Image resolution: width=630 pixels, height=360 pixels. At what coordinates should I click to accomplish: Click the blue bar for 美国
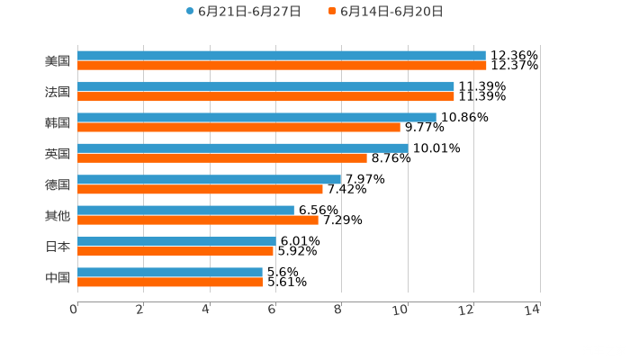(x=281, y=56)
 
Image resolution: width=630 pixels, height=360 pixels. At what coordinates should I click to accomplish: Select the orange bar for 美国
(x=282, y=66)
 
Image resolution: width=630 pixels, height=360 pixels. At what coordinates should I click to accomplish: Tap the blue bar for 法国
(x=265, y=86)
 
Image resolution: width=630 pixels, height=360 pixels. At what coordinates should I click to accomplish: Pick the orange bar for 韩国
(x=238, y=127)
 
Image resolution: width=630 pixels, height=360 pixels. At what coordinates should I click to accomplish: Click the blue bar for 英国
(x=242, y=148)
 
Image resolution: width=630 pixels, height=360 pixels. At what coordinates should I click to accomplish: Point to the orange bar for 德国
(x=200, y=189)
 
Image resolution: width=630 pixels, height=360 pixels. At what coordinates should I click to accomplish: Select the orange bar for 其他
(x=197, y=220)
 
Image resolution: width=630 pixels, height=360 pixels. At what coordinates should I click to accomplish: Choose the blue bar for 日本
(x=176, y=241)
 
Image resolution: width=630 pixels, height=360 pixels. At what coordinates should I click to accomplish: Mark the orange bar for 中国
(x=170, y=282)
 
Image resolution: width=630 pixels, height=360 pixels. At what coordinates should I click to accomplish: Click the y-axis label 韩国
(x=57, y=122)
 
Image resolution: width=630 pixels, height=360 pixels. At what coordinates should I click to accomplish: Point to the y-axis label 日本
(x=57, y=246)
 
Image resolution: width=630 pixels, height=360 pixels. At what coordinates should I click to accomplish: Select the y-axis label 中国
(x=57, y=277)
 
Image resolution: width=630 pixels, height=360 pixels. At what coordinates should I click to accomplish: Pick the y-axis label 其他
(x=57, y=215)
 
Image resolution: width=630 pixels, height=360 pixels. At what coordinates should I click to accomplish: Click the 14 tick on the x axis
(x=532, y=310)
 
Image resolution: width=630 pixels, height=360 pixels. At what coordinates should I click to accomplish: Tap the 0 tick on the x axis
(x=75, y=310)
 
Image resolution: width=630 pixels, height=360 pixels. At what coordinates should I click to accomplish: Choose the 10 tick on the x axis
(x=401, y=310)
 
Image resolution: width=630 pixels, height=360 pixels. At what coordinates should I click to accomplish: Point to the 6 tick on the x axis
(x=272, y=310)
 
